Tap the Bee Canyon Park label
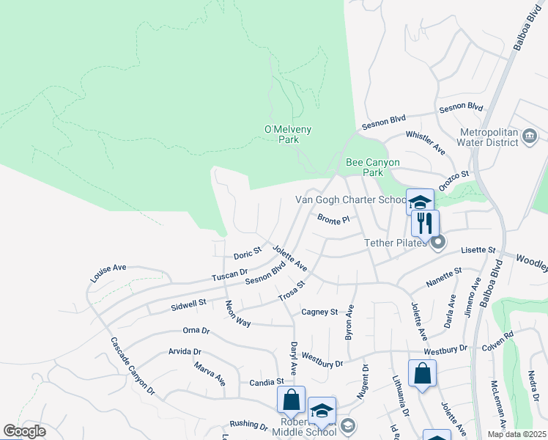(x=373, y=167)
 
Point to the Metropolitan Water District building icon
(x=530, y=136)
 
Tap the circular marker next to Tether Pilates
(x=437, y=242)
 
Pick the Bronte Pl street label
(x=334, y=219)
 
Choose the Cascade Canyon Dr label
(x=133, y=366)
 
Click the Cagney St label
(x=319, y=312)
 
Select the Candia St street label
(x=266, y=382)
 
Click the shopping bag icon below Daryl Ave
(x=291, y=400)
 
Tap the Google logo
(x=25, y=432)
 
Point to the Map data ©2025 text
(x=516, y=434)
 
